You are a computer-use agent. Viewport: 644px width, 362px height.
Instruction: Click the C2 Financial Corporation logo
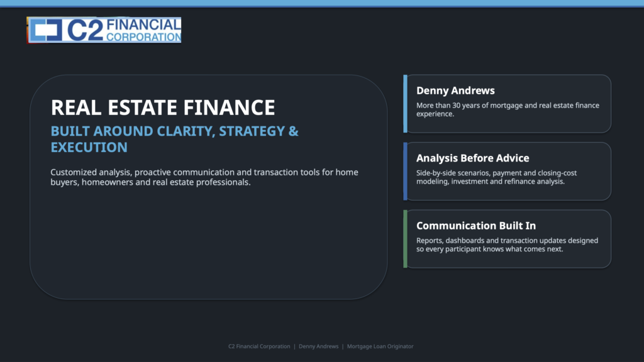pos(104,30)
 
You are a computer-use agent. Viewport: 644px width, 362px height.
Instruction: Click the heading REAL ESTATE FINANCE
pos(163,107)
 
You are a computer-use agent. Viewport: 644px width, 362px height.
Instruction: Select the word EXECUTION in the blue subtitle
pos(89,147)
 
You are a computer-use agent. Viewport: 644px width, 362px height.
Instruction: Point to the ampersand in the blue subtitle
pos(293,131)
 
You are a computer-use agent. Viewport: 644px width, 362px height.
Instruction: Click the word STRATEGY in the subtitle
pos(252,131)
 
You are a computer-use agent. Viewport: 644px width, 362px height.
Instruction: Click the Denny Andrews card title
pos(455,90)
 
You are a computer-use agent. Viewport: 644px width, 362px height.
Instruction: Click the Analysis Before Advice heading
pos(473,158)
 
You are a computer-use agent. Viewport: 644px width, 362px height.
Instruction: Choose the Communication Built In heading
pos(476,226)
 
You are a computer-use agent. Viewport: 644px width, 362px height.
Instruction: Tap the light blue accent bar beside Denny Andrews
pos(406,104)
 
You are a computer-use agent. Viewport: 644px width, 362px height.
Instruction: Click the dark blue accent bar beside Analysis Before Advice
pos(406,171)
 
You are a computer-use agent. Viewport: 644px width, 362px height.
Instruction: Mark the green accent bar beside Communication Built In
pos(406,239)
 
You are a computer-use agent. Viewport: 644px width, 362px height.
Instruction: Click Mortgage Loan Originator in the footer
pos(380,346)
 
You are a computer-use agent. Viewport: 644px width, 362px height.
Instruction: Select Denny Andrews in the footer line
pos(319,346)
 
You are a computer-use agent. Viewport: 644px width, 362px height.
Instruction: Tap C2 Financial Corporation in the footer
pos(259,346)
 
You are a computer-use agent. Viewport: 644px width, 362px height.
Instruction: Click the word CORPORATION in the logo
pos(144,37)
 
